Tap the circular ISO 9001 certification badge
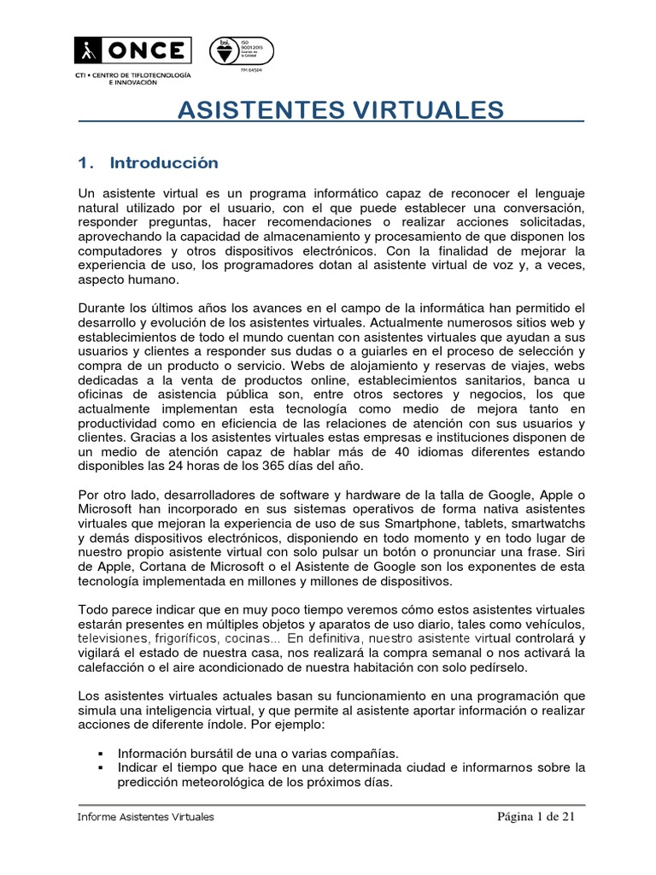(x=225, y=52)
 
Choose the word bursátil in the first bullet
(x=221, y=754)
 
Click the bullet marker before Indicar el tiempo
(x=101, y=767)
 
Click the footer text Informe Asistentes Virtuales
(x=146, y=817)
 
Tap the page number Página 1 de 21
(x=537, y=817)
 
